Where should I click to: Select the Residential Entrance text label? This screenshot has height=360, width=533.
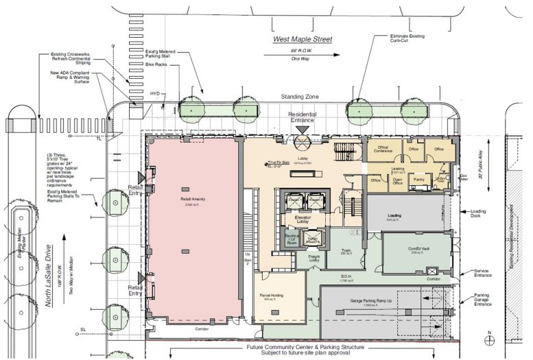coord(302,118)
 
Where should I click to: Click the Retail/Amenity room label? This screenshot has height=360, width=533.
coord(189,200)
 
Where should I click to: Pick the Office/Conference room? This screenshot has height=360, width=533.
coord(382,148)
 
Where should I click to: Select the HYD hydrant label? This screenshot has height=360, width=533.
coord(156,93)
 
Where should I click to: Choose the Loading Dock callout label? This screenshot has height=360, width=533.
coord(484,214)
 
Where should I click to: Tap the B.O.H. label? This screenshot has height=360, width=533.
coord(346,278)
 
